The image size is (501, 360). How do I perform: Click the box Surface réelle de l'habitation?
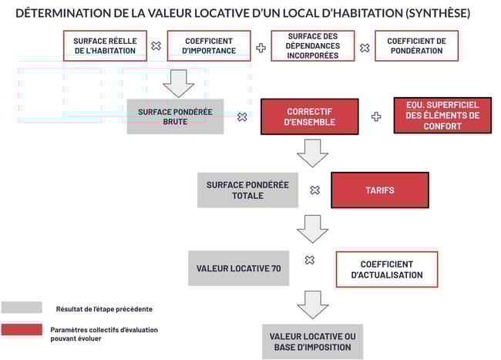(x=105, y=45)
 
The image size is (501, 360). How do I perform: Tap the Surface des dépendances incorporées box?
(x=313, y=45)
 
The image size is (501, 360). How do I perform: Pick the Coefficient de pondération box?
(x=415, y=45)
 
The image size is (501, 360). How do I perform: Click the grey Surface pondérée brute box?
(x=175, y=116)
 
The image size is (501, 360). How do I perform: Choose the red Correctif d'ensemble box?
(x=309, y=116)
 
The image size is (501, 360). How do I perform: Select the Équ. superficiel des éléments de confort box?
(x=442, y=116)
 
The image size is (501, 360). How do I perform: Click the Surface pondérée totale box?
(x=247, y=190)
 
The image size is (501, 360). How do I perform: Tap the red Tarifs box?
(x=379, y=190)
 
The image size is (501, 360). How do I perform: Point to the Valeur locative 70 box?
(x=238, y=268)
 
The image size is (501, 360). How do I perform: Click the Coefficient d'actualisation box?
(x=386, y=269)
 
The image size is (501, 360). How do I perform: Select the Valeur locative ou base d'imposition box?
(x=311, y=341)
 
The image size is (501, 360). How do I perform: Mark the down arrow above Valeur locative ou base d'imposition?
(x=312, y=304)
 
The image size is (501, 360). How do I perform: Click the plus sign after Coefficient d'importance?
(x=261, y=47)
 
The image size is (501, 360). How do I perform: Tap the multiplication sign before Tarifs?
(x=314, y=190)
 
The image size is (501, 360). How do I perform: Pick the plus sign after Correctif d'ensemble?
(x=376, y=116)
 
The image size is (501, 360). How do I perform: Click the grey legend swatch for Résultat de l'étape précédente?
(x=22, y=308)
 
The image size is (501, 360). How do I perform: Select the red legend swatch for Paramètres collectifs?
(x=22, y=330)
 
